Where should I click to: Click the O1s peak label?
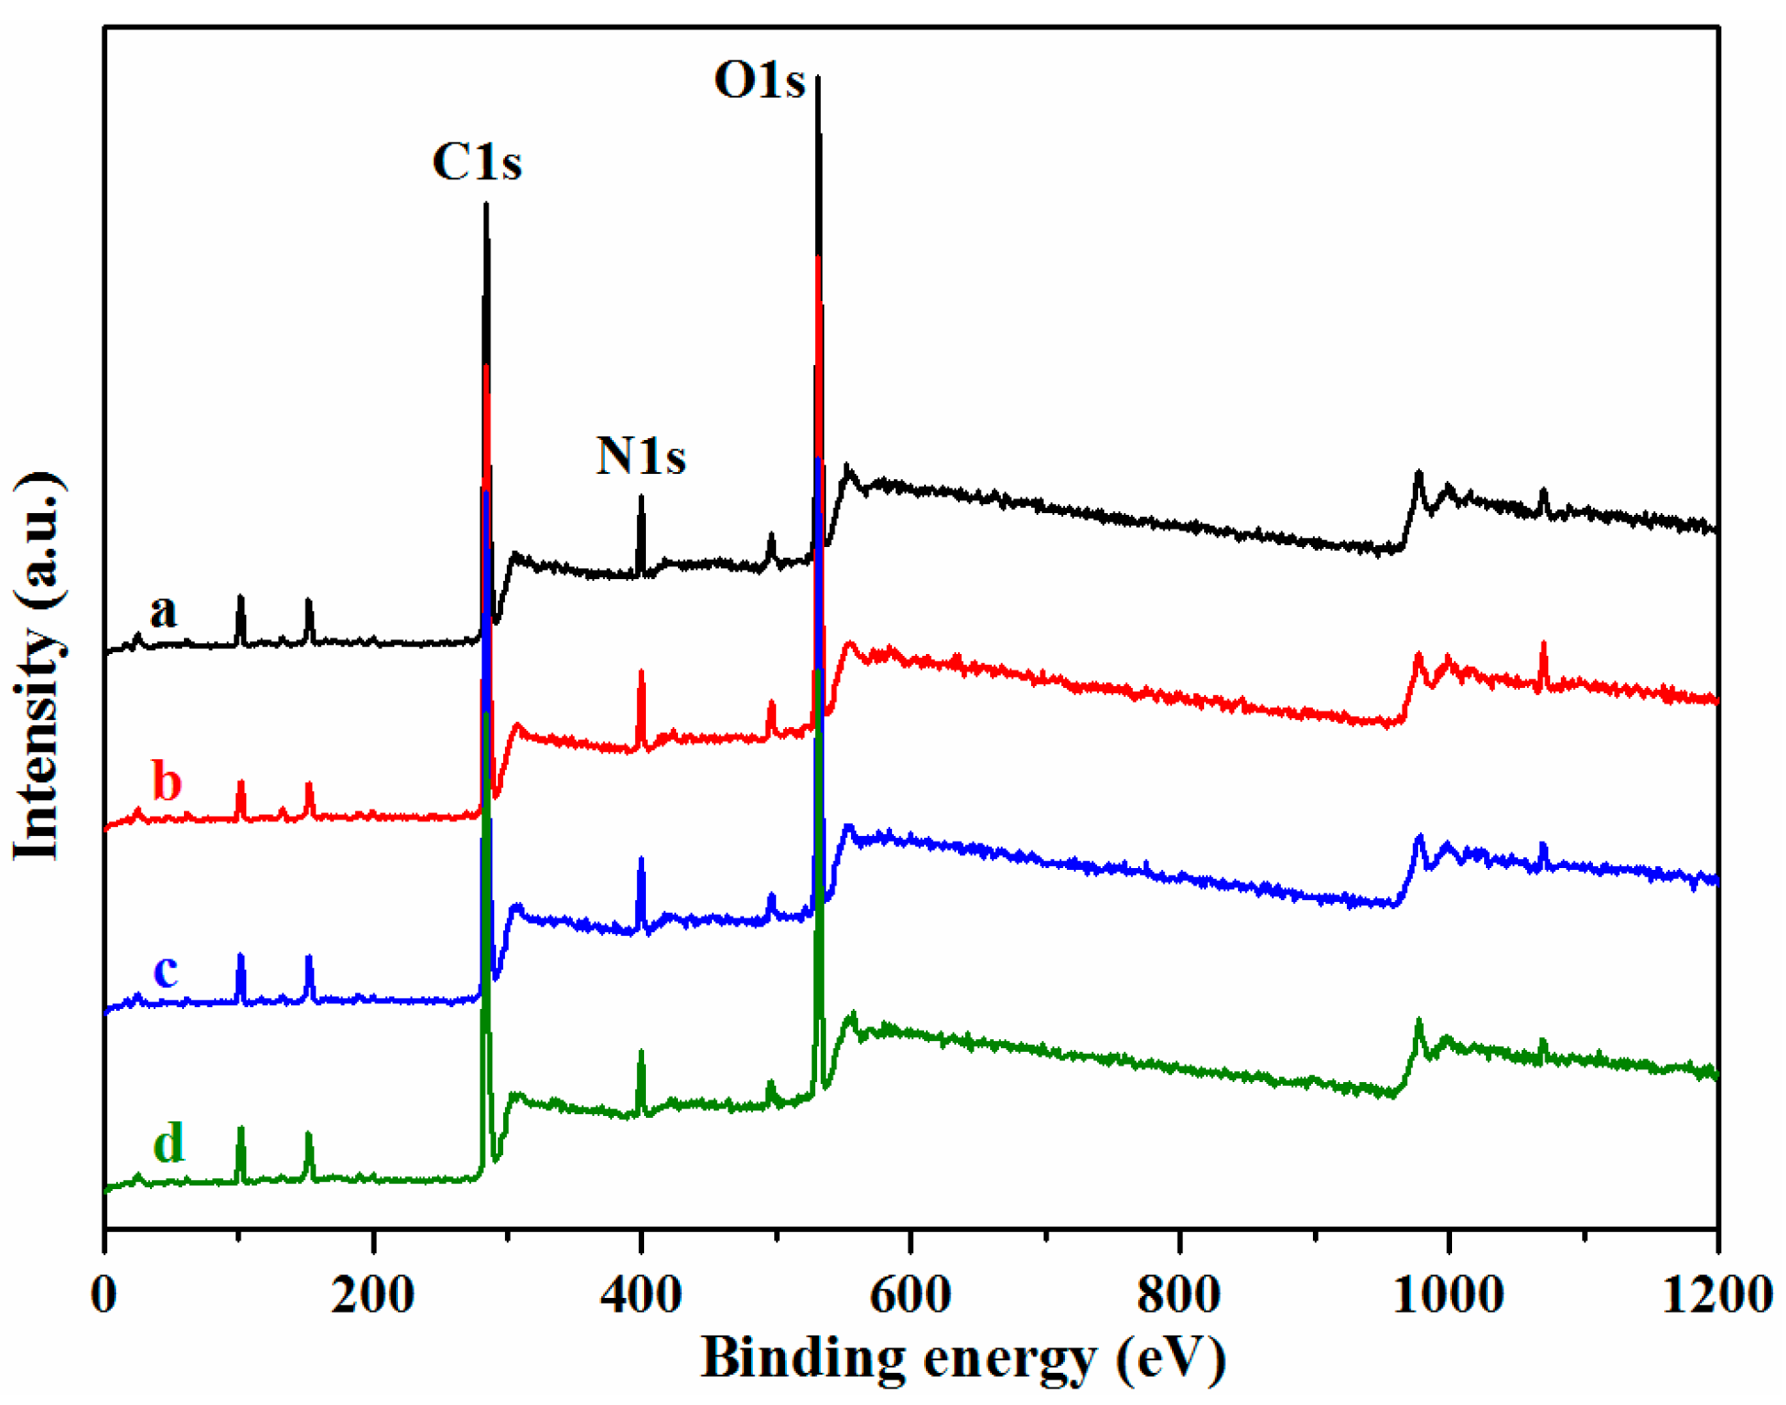[759, 80]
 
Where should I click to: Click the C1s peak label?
[477, 163]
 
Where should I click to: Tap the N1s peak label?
[640, 456]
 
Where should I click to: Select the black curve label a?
[163, 610]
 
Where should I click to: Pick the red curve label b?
[167, 783]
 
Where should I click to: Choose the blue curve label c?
[166, 971]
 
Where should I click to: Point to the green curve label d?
[168, 1142]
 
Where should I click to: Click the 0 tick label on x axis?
[105, 1295]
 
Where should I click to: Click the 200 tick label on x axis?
[372, 1295]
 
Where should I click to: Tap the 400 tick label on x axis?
[640, 1295]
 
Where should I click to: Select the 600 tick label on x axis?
[909, 1295]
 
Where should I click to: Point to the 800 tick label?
[1178, 1295]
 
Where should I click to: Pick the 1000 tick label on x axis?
[1447, 1295]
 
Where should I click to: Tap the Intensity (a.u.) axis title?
[38, 666]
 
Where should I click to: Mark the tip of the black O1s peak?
[818, 79]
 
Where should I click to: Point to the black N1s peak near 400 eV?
[641, 498]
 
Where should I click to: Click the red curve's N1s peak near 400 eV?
[641, 672]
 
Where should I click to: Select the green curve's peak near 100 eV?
[241, 1130]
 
